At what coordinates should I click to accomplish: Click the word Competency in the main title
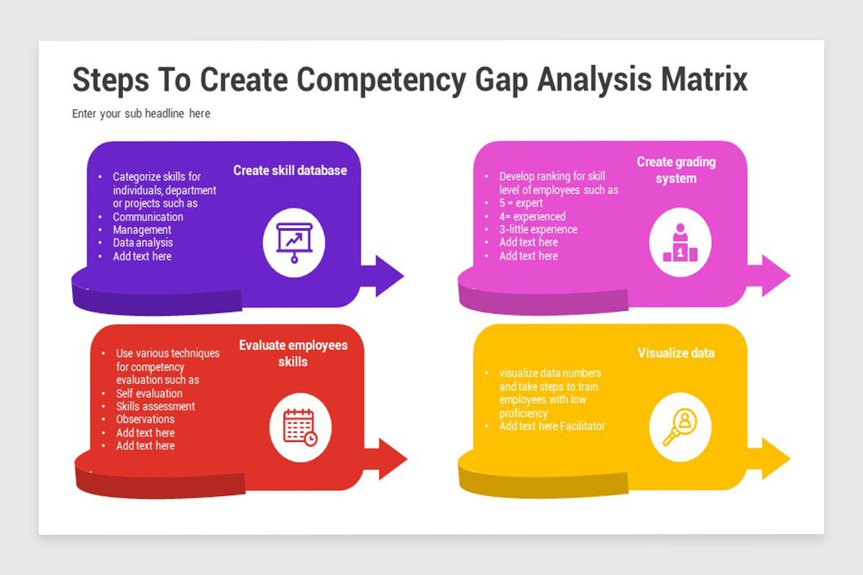point(381,81)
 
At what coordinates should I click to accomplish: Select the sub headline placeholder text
point(141,114)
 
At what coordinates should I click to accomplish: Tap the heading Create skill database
point(290,170)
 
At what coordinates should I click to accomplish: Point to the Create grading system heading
point(676,170)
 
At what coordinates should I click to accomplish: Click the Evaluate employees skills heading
point(293,353)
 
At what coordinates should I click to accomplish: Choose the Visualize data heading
point(676,353)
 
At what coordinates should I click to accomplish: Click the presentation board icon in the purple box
point(294,243)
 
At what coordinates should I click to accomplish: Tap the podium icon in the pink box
point(680,243)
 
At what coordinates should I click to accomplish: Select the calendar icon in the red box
point(300,428)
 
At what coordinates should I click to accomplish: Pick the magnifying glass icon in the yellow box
point(680,427)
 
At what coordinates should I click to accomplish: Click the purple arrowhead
point(390,276)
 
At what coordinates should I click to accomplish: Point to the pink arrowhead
point(776,275)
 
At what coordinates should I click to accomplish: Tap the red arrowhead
point(393,459)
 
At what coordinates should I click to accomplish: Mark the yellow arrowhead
point(776,459)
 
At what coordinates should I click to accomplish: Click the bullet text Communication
point(148,217)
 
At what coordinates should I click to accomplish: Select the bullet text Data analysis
point(143,243)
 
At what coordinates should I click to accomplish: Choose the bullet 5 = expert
point(521,203)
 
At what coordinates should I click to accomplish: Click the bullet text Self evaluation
point(150,393)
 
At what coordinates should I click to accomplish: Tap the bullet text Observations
point(145,419)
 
